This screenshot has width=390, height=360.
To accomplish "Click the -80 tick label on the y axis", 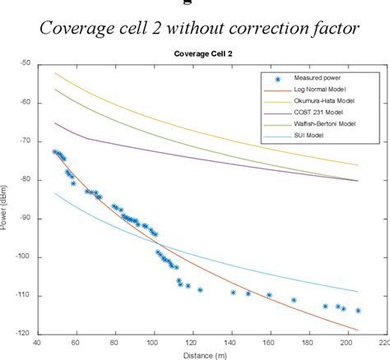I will tap(26, 179).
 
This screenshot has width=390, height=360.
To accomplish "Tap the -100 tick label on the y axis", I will tap(24, 256).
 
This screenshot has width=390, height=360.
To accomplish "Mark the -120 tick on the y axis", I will tap(24, 334).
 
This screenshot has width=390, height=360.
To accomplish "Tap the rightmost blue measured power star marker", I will tap(358, 310).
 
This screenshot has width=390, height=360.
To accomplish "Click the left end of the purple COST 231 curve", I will tap(56, 123).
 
